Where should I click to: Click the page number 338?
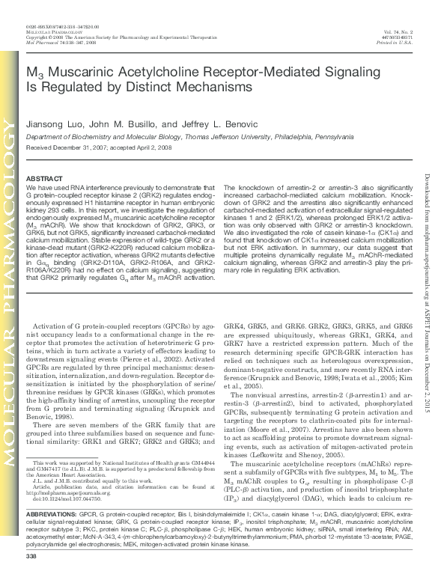tap(31, 577)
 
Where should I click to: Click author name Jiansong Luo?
tap(53, 123)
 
